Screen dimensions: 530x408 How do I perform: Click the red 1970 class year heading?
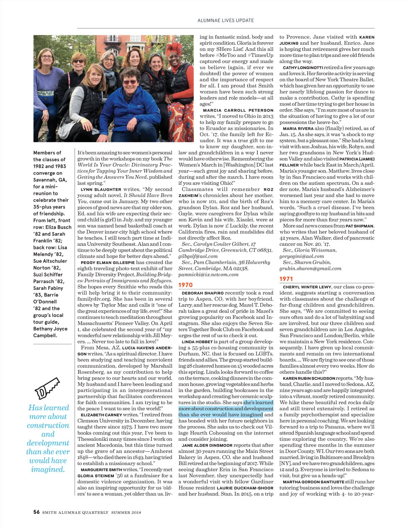(186, 285)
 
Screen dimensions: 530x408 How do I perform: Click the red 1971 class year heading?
(286, 279)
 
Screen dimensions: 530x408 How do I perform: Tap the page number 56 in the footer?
(36, 512)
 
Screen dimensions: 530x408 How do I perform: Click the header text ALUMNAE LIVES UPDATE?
(226, 20)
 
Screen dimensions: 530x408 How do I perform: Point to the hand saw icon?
(47, 388)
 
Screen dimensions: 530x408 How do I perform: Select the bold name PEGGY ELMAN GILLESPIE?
(108, 263)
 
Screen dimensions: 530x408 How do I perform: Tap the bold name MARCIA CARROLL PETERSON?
(238, 110)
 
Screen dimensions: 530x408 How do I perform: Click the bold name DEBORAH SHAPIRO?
(203, 293)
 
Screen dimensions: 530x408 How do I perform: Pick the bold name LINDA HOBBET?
(197, 342)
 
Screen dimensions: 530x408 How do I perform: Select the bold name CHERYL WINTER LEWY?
(307, 287)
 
